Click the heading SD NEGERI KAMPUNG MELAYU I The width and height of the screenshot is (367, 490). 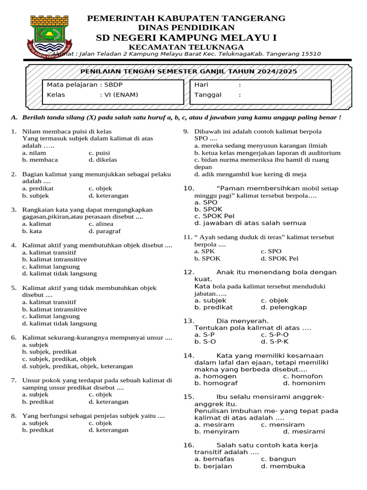186,38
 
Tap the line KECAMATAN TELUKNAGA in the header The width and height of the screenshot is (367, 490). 186,47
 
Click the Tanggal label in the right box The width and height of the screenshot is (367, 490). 208,95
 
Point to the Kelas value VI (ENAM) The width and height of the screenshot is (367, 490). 119,95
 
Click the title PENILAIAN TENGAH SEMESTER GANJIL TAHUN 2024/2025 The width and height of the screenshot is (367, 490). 188,71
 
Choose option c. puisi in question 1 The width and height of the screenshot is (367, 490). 99,153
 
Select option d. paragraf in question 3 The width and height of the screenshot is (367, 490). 105,231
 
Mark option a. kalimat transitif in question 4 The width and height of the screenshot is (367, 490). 49,252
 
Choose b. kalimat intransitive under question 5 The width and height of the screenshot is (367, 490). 54,309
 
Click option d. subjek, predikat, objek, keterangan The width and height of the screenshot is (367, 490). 77,366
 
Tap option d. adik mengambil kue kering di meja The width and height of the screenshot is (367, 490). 250,174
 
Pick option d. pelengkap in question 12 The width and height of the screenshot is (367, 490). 284,307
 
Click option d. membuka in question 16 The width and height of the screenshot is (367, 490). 283,466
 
